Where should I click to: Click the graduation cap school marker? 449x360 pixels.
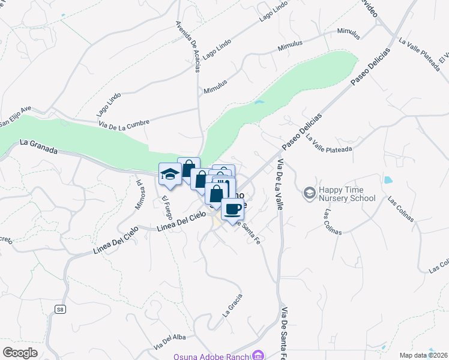pos(170,174)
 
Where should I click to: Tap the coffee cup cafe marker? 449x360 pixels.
pos(232,209)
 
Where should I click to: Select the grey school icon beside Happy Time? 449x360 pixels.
pos(309,193)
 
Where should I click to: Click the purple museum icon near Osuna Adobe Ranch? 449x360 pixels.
pos(259,356)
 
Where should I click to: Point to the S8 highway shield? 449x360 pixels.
pos(60,309)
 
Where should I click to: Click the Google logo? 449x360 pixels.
pos(20,352)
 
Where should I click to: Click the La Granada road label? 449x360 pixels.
pos(38,147)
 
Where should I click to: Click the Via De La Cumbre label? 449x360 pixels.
pos(124,122)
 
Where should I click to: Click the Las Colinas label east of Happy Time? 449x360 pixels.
pos(400,208)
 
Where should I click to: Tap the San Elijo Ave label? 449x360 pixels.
pos(14,118)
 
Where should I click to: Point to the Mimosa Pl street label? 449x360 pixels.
pos(140,193)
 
